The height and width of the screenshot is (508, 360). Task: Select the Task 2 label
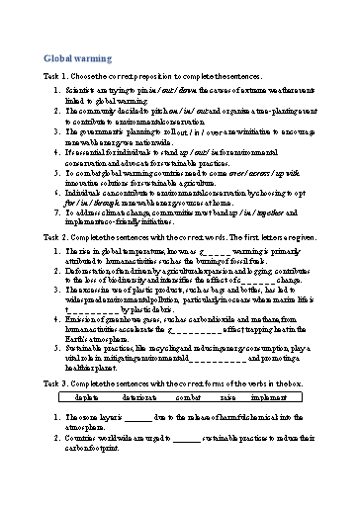pos(59,265)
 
